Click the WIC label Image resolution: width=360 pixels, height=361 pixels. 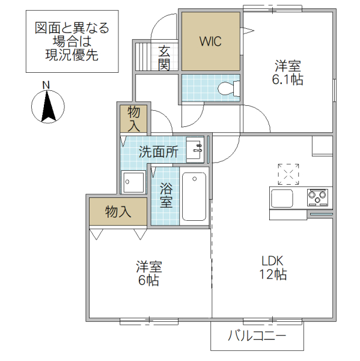211,42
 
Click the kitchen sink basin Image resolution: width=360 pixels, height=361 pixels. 282,197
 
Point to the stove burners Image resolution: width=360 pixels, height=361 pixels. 318,196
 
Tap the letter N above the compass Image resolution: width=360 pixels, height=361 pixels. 46,85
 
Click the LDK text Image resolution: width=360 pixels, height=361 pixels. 272,261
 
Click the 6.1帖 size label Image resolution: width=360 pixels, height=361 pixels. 288,79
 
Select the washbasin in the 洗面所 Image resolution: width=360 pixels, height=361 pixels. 195,150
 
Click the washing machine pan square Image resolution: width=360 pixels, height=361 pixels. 133,181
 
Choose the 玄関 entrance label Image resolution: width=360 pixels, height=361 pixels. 164,57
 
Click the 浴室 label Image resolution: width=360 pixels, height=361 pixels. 166,194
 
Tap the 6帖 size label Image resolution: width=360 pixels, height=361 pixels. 148,280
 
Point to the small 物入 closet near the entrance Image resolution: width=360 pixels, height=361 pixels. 134,119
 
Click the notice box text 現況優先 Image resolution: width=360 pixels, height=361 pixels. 72,55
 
